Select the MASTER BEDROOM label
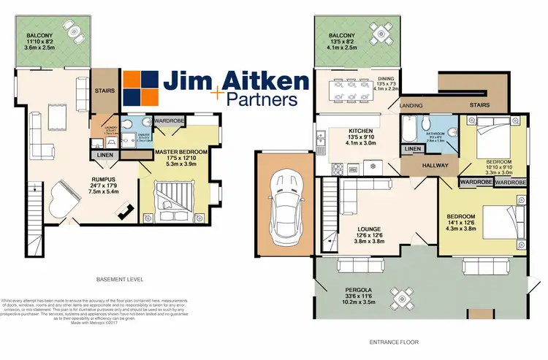tap(182, 151)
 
